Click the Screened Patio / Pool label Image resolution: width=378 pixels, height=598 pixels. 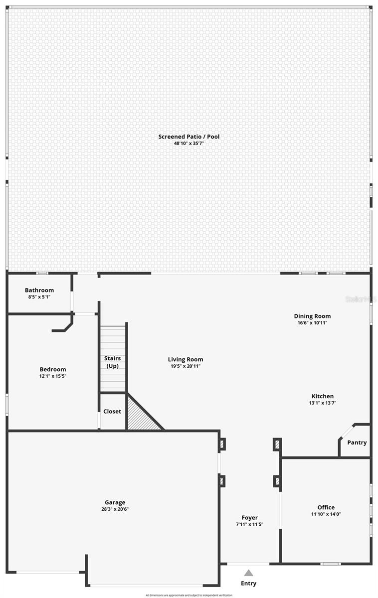(x=189, y=137)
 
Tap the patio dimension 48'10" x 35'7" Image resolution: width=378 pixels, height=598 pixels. (x=189, y=144)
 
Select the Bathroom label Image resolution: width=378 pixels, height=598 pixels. (x=39, y=290)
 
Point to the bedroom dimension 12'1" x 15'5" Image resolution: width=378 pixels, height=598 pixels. (x=53, y=376)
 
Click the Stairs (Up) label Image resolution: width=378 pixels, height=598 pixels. (x=112, y=362)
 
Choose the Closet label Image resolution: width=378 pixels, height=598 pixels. (x=112, y=412)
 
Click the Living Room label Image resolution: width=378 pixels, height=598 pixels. (x=186, y=359)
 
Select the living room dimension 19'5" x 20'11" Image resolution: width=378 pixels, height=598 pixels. (x=186, y=366)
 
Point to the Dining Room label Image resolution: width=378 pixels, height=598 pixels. (x=312, y=316)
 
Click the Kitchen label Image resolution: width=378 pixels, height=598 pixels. (x=323, y=396)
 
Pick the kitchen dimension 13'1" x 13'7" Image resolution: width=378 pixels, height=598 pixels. (x=323, y=403)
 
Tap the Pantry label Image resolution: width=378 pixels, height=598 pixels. (x=357, y=443)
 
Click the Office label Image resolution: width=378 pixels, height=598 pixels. (x=326, y=507)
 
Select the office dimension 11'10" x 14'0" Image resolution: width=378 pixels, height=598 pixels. (x=326, y=514)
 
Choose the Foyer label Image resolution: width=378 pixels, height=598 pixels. (x=249, y=518)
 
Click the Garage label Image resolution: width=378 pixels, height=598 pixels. (x=115, y=502)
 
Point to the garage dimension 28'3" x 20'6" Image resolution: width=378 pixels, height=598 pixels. (x=115, y=509)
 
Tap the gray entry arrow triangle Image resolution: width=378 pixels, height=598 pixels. (x=248, y=573)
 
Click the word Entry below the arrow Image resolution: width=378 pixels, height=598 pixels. (x=248, y=584)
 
